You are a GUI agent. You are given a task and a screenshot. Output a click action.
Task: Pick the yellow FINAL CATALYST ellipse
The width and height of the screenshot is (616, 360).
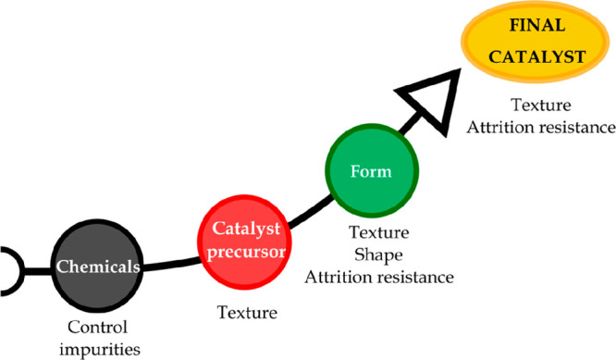coord(537,41)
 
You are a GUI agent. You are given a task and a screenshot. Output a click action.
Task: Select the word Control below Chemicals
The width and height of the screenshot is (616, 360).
coord(103,328)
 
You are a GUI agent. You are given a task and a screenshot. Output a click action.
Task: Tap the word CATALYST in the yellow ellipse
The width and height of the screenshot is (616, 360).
coord(537,56)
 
